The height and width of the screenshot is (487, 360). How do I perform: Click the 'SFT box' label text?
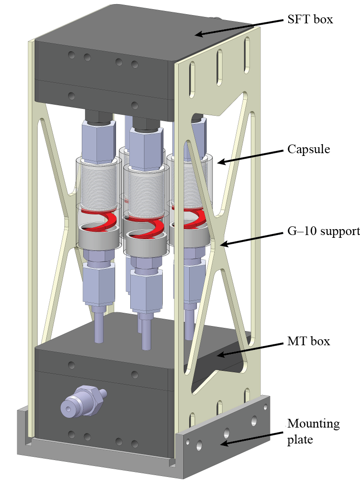(x=311, y=20)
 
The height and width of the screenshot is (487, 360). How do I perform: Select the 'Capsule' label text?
(x=308, y=150)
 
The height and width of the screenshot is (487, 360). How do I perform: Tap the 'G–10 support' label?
(x=323, y=231)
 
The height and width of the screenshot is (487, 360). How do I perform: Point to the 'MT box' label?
(x=308, y=341)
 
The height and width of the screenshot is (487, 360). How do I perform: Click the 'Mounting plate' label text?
(x=313, y=431)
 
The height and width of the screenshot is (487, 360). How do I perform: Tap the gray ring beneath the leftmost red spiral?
(x=98, y=238)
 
